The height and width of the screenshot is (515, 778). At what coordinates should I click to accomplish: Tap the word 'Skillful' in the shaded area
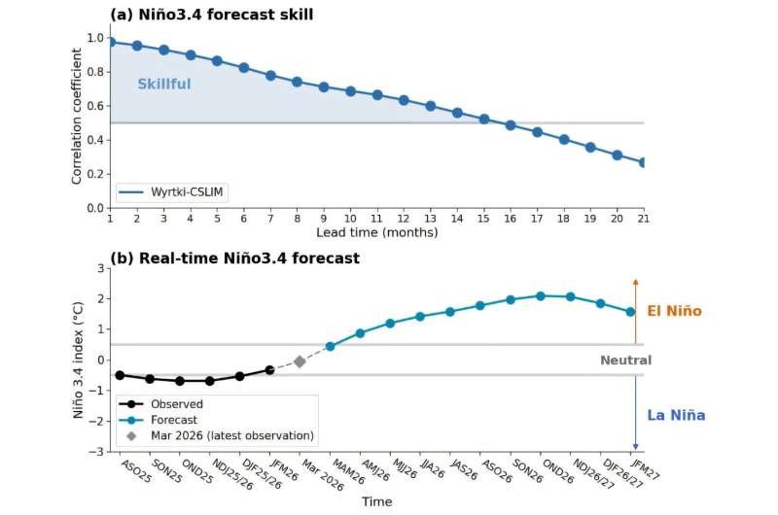(164, 85)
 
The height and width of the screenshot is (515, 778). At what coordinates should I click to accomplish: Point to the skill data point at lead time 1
(111, 43)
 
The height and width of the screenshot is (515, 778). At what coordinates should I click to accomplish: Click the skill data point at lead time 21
(643, 162)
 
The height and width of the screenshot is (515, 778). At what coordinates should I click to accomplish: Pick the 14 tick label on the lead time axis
(457, 220)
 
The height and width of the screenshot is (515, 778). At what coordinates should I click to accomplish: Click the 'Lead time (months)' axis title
(376, 233)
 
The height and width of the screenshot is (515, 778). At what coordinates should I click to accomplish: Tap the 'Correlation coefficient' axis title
(77, 122)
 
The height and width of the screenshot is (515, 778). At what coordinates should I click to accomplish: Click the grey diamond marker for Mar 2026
(300, 361)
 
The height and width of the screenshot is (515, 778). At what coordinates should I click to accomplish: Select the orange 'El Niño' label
(674, 312)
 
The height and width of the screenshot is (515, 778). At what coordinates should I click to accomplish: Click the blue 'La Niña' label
(676, 416)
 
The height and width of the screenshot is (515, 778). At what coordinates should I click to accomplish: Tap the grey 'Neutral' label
(624, 360)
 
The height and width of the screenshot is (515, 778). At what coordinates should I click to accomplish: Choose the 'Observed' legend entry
(176, 404)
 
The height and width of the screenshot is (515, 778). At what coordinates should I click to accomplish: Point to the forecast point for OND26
(541, 295)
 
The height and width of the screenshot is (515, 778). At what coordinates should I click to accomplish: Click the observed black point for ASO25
(120, 375)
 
